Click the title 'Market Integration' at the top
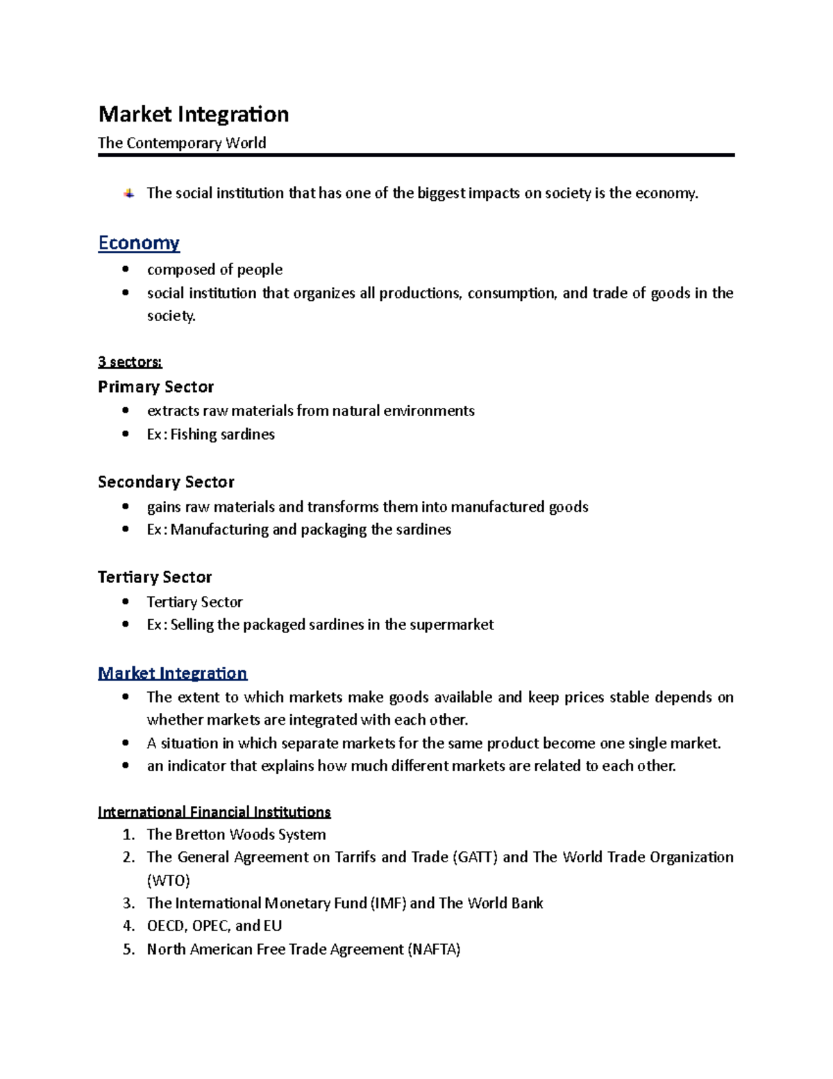pos(193,114)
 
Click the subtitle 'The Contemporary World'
pos(182,143)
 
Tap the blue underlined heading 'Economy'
pos(139,243)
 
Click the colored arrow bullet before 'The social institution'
pos(129,193)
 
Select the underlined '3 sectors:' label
pos(130,362)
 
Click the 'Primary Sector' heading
pos(155,387)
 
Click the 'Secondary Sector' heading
pos(166,482)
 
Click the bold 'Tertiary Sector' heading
pos(155,577)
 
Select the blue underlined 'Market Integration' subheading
pos(172,673)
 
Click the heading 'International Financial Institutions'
pos(214,812)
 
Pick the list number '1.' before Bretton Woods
pos(128,834)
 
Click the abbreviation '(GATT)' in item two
pos(475,857)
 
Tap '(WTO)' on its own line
pos(168,881)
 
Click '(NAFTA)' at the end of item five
pos(434,950)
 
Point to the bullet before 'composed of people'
pos(125,269)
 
